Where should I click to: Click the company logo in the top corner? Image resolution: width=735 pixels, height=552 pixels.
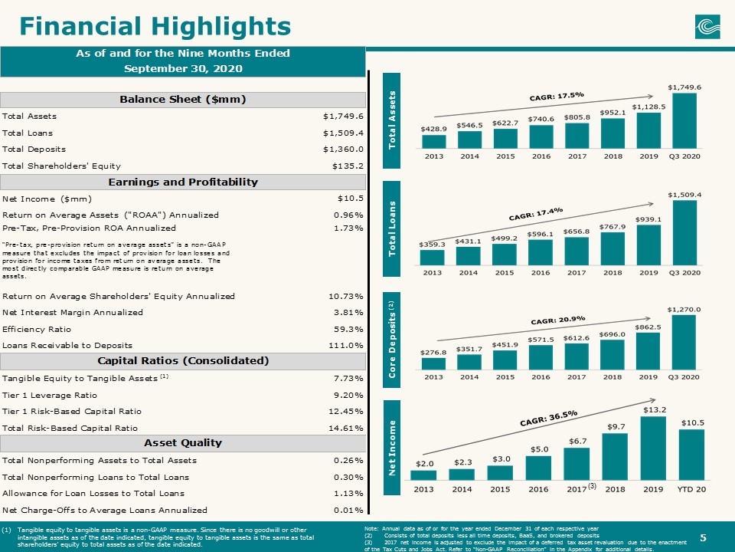pyautogui.click(x=707, y=27)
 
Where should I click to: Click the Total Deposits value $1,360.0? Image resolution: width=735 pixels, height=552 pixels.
pyautogui.click(x=343, y=149)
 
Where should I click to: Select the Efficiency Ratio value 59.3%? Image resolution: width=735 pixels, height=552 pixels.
pyautogui.click(x=349, y=329)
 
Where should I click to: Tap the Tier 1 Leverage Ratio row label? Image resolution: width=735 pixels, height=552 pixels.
pyautogui.click(x=50, y=396)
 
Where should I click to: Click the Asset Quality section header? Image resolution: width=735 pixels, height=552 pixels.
pyautogui.click(x=183, y=442)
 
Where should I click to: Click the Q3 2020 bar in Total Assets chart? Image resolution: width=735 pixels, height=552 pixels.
pyautogui.click(x=684, y=120)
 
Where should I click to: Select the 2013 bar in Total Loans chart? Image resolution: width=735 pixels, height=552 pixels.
pyautogui.click(x=432, y=258)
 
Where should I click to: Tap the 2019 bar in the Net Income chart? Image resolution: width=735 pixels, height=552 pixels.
pyautogui.click(x=652, y=449)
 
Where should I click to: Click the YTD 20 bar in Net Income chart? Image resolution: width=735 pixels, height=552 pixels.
pyautogui.click(x=691, y=455)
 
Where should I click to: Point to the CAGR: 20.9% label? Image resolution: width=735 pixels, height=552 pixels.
pyautogui.click(x=558, y=320)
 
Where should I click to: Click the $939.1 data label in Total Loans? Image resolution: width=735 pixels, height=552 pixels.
pyautogui.click(x=648, y=219)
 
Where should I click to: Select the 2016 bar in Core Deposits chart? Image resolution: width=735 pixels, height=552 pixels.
pyautogui.click(x=541, y=358)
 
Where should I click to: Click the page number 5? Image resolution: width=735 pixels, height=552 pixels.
pyautogui.click(x=703, y=538)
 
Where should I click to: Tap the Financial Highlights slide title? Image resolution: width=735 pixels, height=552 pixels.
pyautogui.click(x=155, y=26)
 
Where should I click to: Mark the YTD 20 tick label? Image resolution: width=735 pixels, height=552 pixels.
pyautogui.click(x=691, y=489)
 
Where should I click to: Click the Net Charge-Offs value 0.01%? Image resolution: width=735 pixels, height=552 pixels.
pyautogui.click(x=349, y=511)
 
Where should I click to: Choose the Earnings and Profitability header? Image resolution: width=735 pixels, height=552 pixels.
pyautogui.click(x=183, y=182)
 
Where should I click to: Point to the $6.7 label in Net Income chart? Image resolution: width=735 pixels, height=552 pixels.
pyautogui.click(x=577, y=442)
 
